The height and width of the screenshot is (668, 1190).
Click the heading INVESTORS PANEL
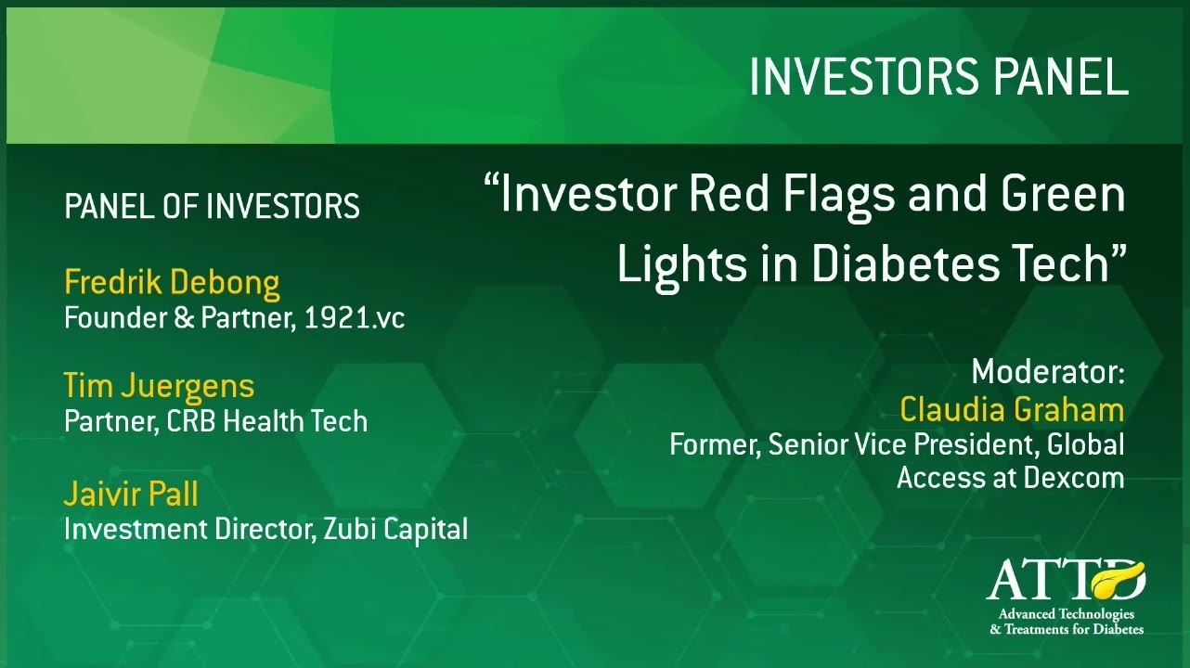click(938, 76)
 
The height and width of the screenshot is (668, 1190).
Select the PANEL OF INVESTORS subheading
click(212, 206)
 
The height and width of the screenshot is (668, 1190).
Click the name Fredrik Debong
click(172, 283)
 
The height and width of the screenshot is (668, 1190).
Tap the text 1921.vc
click(355, 317)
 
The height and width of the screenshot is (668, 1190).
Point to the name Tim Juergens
click(159, 387)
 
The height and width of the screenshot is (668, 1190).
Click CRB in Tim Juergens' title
click(190, 421)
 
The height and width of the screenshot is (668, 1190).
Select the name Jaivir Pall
click(131, 494)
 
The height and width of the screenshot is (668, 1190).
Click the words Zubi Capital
click(395, 529)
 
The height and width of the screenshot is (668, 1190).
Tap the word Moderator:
click(1048, 372)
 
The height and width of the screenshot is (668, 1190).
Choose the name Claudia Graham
click(1012, 410)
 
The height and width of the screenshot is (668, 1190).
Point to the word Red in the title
click(729, 194)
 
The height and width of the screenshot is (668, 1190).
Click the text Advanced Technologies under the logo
click(1067, 614)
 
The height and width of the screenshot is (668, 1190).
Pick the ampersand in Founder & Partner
click(184, 317)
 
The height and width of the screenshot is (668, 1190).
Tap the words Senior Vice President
click(903, 444)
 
